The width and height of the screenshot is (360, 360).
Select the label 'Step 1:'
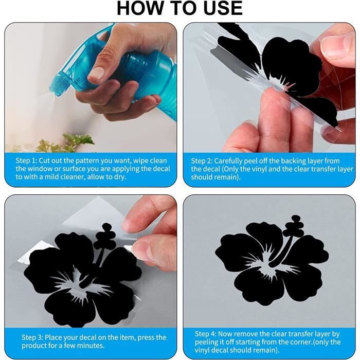pos(26,160)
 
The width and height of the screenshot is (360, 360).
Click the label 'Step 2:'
pos(202,161)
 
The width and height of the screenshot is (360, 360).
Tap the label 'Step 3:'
pos(32,337)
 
